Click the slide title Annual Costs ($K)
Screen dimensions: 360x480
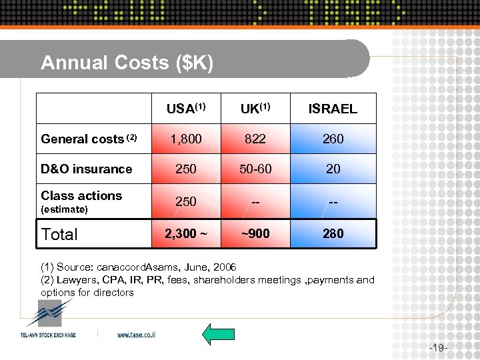click(127, 63)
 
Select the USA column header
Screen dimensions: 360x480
click(185, 109)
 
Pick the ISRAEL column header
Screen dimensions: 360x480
click(333, 109)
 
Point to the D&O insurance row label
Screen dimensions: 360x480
click(87, 169)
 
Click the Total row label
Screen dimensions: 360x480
click(59, 234)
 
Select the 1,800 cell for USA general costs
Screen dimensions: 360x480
click(185, 139)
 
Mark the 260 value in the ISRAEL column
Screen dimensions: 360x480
click(333, 139)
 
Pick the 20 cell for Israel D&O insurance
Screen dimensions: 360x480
click(333, 169)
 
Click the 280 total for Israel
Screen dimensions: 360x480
click(333, 233)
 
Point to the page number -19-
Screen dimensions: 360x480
click(437, 347)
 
